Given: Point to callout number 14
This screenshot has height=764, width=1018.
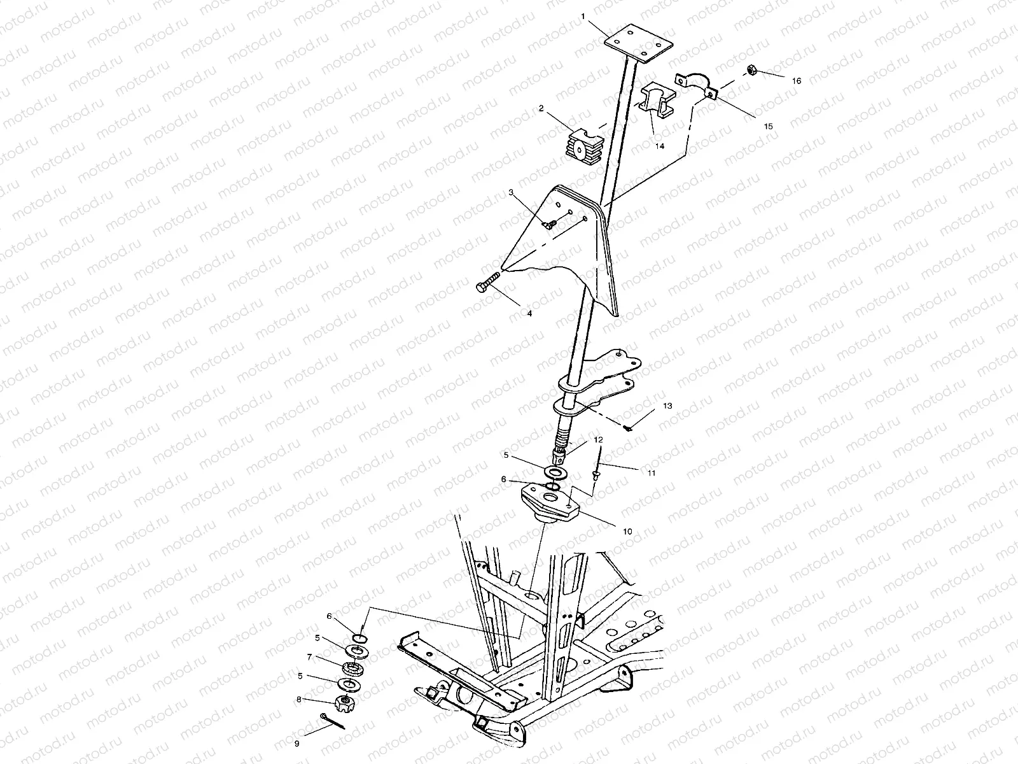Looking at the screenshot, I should pyautogui.click(x=660, y=146).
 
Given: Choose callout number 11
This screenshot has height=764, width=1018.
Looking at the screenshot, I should pyautogui.click(x=650, y=473).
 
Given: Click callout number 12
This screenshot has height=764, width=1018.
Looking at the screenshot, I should pyautogui.click(x=597, y=439).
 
